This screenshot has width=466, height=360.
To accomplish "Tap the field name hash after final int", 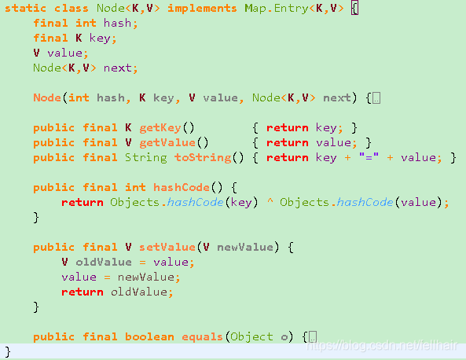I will [117, 24].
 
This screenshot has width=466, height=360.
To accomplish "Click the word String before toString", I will [145, 157].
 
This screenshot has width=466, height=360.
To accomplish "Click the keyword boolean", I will [149, 337].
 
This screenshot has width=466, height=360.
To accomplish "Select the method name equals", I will [201, 337].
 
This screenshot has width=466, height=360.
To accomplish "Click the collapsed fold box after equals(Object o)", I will [312, 337].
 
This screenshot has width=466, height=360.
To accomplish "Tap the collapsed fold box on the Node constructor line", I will [376, 98].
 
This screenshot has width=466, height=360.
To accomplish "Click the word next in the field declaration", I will [117, 68].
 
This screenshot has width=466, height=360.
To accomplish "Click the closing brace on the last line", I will [8, 351].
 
